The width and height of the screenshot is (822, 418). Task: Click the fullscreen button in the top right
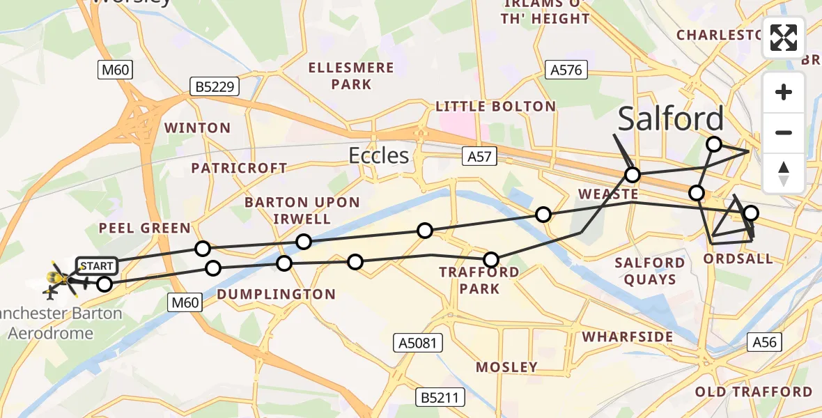click(784, 38)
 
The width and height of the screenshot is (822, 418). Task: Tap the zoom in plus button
click(784, 92)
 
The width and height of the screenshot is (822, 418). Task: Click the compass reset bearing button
click(784, 173)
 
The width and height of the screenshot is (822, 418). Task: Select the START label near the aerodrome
click(97, 265)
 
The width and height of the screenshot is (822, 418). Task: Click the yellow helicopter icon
click(59, 279)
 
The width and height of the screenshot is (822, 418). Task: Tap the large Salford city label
click(670, 119)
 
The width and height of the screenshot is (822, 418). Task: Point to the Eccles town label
click(379, 155)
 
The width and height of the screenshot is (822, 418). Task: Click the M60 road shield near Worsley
click(115, 70)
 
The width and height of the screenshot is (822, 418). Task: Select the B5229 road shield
click(215, 86)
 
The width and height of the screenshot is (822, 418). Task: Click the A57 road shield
click(479, 157)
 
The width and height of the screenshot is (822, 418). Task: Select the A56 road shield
click(763, 341)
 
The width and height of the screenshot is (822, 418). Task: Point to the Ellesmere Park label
click(352, 76)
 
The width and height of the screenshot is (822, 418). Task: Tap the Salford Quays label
click(650, 271)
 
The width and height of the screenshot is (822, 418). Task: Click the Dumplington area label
click(276, 295)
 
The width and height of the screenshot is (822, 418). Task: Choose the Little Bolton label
click(495, 107)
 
